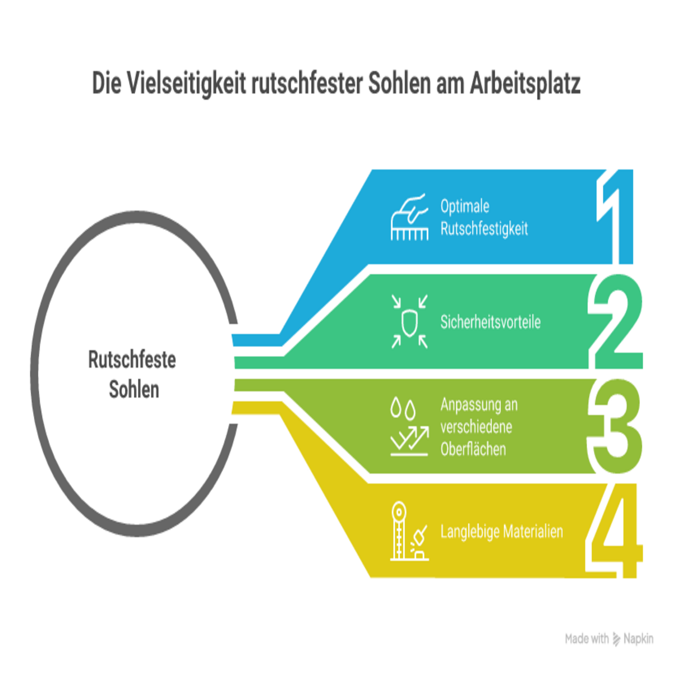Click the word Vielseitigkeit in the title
[x=187, y=84]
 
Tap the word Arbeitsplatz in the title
[x=525, y=84]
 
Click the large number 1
[x=615, y=216]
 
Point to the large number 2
[x=615, y=321]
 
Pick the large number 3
[x=615, y=426]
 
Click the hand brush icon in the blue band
[x=409, y=217]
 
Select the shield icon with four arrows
[x=409, y=321]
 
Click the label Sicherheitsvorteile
[x=490, y=322]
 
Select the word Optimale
[x=464, y=206]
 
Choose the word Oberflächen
[x=473, y=449]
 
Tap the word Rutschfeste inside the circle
[x=132, y=359]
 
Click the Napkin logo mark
[x=616, y=639]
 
